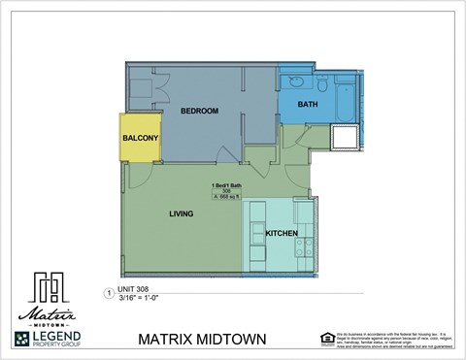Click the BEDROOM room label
pyautogui.click(x=199, y=112)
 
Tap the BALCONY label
pyautogui.click(x=140, y=139)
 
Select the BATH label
pyautogui.click(x=307, y=104)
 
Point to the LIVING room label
pyautogui.click(x=181, y=213)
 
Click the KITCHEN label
pyautogui.click(x=282, y=234)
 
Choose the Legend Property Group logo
pyautogui.click(x=48, y=339)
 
